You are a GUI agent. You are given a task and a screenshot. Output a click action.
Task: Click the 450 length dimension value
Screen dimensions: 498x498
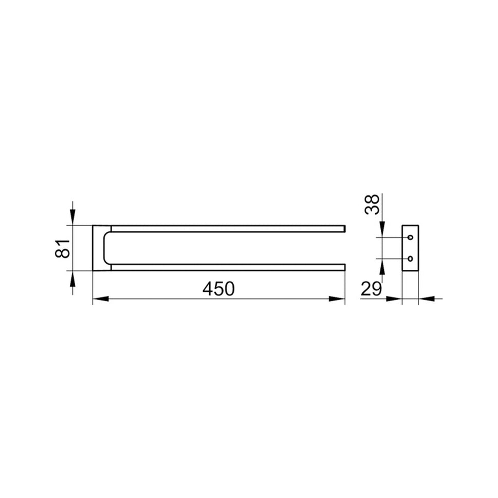218,289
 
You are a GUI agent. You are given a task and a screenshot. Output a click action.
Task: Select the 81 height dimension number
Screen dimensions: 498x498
63,248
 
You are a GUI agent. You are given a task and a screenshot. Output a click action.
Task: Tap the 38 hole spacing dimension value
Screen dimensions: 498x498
372,205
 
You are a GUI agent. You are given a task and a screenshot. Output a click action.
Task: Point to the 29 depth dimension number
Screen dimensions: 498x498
371,289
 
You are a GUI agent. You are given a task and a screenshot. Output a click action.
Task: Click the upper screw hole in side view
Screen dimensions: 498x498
410,237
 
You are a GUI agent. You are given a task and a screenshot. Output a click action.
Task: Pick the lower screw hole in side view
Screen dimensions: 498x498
410,259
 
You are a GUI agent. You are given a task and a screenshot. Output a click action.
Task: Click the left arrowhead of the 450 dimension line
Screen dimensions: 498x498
101,299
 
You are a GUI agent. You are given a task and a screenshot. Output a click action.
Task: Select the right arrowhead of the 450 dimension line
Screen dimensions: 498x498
337,299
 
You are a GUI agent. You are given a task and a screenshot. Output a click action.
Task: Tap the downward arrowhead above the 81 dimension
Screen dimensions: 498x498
73,217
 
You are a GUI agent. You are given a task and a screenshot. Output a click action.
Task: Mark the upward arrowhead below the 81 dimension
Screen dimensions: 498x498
73,279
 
